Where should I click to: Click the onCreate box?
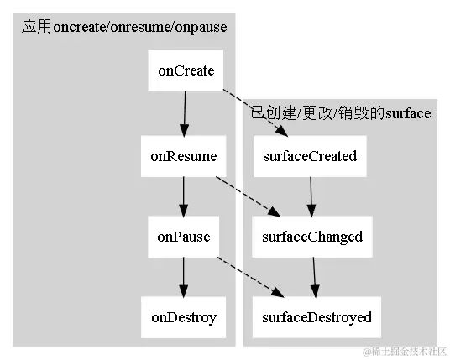[185, 71]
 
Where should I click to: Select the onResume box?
[184, 156]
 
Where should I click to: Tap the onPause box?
[184, 237]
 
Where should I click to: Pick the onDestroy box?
[184, 317]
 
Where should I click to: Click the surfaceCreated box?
[310, 156]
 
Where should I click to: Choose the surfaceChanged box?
[311, 237]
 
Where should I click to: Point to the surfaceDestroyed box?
[316, 317]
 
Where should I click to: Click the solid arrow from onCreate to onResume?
[185, 113]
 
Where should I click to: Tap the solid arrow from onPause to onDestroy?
[184, 277]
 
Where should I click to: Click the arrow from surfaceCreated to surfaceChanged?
[311, 196]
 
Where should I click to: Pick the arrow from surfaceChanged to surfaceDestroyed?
[314, 277]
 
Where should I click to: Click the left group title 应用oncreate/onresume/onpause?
[124, 27]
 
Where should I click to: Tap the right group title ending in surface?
[341, 112]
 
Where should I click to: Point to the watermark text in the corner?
[403, 349]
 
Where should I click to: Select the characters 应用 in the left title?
[36, 27]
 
